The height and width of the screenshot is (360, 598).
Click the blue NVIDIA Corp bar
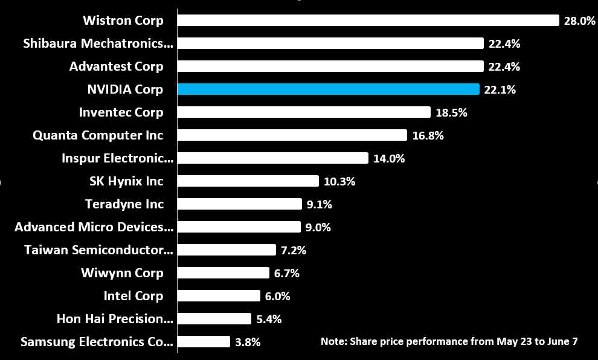click(x=329, y=89)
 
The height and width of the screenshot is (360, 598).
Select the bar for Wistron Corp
click(x=368, y=21)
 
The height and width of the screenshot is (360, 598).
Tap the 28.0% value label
click(x=579, y=21)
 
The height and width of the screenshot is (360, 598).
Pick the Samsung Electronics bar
click(x=204, y=342)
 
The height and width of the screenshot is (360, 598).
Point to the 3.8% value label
click(x=248, y=342)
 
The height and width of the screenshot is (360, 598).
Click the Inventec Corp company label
click(x=121, y=112)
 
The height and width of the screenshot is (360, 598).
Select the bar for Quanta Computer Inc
click(x=292, y=135)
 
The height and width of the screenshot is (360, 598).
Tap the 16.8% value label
click(x=428, y=135)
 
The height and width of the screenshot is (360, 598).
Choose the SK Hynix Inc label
click(x=126, y=181)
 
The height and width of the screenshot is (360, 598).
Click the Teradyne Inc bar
click(x=240, y=204)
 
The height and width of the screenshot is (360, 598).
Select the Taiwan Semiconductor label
click(x=98, y=250)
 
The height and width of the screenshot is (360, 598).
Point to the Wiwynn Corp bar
click(x=223, y=273)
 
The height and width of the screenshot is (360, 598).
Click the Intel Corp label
click(x=133, y=296)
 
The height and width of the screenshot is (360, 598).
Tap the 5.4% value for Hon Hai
click(x=269, y=319)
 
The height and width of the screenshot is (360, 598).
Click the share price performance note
click(x=449, y=341)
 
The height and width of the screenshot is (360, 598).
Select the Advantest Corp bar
click(x=331, y=66)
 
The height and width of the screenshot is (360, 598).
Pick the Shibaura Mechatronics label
click(x=98, y=43)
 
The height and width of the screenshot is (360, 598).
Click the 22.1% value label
click(x=500, y=89)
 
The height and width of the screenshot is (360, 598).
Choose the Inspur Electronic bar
click(x=273, y=158)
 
